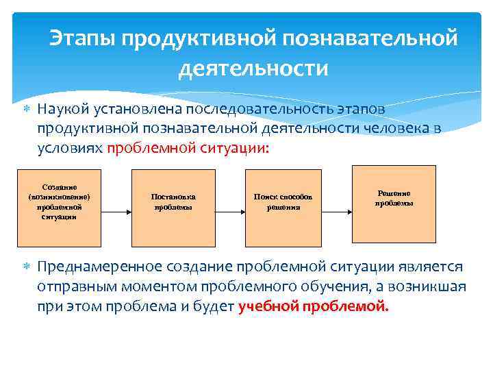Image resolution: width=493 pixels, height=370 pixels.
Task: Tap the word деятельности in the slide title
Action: [x=253, y=69]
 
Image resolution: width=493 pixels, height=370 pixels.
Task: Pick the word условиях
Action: [x=70, y=148]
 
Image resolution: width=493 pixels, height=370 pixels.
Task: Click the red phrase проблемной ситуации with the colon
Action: [x=188, y=148]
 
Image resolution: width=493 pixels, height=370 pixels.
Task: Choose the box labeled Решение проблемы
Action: [x=393, y=199]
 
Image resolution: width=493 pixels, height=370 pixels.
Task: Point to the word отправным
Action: [x=72, y=286]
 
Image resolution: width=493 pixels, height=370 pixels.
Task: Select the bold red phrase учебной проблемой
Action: [x=314, y=306]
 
